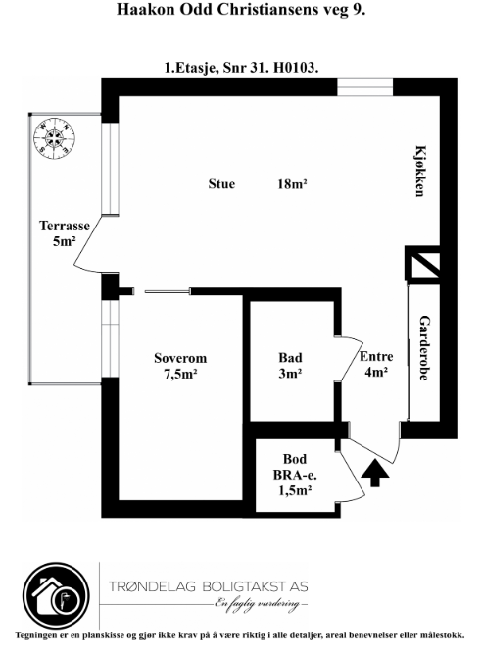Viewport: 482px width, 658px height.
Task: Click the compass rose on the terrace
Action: click(54, 139)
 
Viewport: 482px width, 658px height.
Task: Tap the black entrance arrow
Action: click(374, 473)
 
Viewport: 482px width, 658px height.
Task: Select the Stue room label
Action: click(221, 183)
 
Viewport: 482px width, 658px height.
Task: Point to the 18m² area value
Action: click(293, 183)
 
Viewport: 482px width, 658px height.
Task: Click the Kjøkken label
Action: click(420, 171)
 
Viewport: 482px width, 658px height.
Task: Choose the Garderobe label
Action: click(424, 348)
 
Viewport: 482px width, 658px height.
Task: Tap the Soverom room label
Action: click(180, 358)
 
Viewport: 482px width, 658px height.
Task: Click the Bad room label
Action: click(290, 358)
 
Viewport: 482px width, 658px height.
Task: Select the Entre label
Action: click(376, 356)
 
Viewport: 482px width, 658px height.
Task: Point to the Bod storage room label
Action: click(295, 459)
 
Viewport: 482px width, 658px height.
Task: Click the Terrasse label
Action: click(65, 226)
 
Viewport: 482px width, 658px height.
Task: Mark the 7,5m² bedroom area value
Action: click(180, 374)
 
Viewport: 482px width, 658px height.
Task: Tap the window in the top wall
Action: click(365, 87)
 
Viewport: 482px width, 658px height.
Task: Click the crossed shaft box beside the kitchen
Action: click(422, 263)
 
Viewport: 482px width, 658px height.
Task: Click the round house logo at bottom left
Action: click(56, 596)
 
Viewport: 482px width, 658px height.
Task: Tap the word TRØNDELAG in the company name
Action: click(153, 586)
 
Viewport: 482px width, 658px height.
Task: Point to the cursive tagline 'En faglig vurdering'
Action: click(258, 604)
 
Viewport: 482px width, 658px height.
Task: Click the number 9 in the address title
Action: click(357, 9)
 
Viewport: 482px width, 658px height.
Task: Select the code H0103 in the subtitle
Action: click(296, 67)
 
